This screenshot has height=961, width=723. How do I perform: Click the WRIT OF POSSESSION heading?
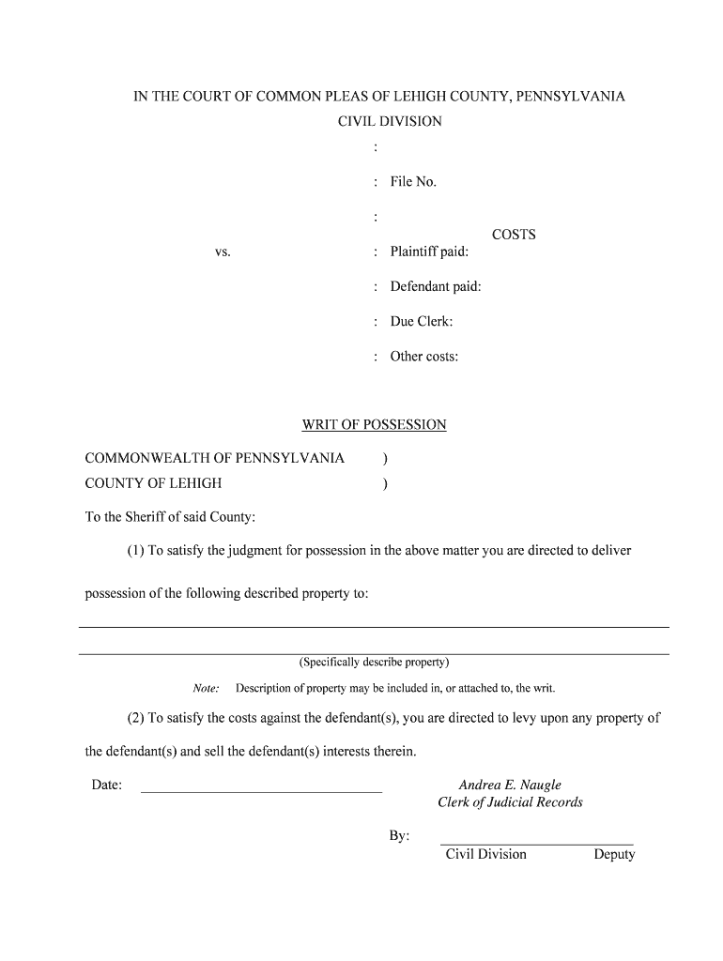(374, 425)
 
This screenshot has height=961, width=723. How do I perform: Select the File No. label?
(413, 182)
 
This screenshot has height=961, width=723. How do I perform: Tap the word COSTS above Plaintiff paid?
(514, 235)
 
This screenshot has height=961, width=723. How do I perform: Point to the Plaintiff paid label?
(429, 252)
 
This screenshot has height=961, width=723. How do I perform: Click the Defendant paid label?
(436, 286)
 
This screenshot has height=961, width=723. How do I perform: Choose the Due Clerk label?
(422, 322)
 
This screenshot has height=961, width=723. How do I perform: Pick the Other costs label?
(424, 357)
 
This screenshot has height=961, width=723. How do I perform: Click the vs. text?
(223, 252)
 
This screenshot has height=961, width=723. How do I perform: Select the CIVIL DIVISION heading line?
(390, 122)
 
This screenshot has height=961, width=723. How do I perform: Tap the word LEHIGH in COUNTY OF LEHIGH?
(195, 483)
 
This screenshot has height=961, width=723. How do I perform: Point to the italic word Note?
(207, 688)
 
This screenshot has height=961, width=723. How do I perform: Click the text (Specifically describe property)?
(374, 662)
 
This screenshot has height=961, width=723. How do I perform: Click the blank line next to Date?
(261, 791)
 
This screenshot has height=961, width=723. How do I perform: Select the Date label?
(107, 785)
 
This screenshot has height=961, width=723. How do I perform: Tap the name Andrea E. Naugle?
(510, 785)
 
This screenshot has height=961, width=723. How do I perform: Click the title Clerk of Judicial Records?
(510, 802)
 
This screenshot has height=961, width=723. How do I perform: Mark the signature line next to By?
(536, 844)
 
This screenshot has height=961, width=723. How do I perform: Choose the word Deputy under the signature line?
(614, 854)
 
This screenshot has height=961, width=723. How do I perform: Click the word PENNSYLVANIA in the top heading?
(570, 97)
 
